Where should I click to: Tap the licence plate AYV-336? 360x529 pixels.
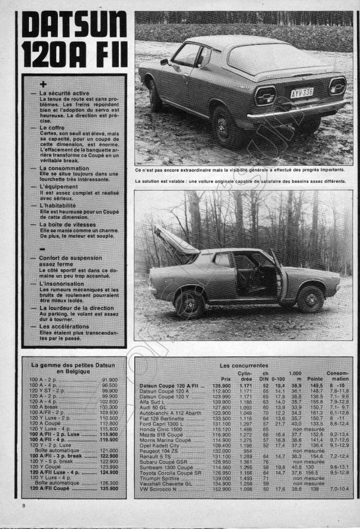pyautogui.click(x=302, y=92)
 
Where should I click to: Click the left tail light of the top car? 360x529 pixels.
pyautogui.click(x=265, y=96)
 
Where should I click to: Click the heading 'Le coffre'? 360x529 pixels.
pyautogui.click(x=54, y=127)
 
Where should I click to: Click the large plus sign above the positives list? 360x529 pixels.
pyautogui.click(x=43, y=84)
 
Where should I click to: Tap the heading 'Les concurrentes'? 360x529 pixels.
pyautogui.click(x=244, y=365)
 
